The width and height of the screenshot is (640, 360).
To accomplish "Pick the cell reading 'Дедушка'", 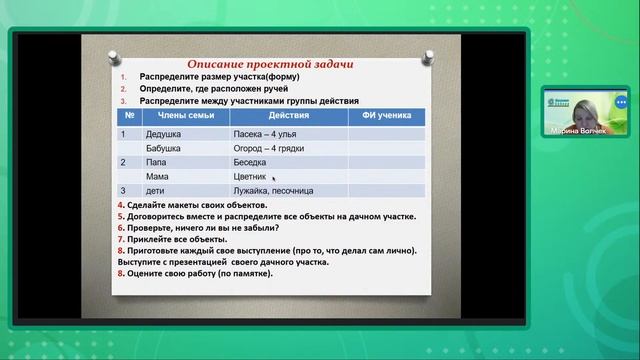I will pos(164,133).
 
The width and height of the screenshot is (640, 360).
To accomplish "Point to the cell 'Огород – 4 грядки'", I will pos(270,147).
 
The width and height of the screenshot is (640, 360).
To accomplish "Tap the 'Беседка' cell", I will pos(250,161).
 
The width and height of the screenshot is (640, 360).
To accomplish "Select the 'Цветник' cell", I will pos(250,175).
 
